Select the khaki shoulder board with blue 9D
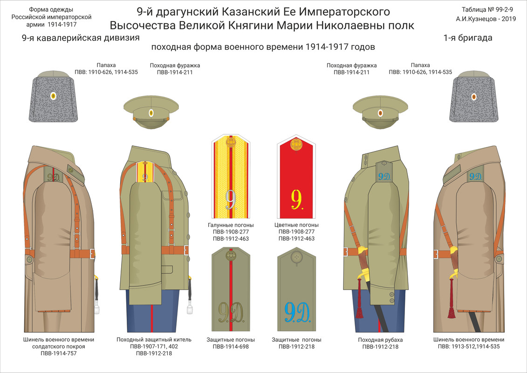(x=296, y=289)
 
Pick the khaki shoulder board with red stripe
(x=231, y=289)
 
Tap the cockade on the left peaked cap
(x=151, y=113)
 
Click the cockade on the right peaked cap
(x=380, y=113)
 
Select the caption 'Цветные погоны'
(x=296, y=225)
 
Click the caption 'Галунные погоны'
(x=231, y=225)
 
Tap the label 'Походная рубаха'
(x=380, y=339)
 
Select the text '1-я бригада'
(x=468, y=38)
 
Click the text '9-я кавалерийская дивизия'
(x=81, y=38)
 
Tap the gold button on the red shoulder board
(x=296, y=145)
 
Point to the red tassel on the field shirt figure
(x=359, y=308)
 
